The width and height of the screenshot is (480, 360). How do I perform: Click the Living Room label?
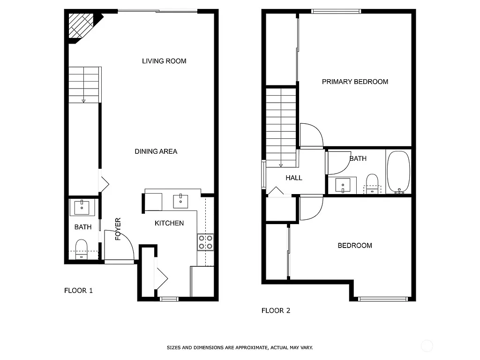[x=164, y=61]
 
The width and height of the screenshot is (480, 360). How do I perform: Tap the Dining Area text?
[x=156, y=151]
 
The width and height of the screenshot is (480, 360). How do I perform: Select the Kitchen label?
[x=169, y=223]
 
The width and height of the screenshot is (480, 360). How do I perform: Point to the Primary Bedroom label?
[x=355, y=82]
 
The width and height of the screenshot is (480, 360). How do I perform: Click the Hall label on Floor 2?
[x=294, y=178]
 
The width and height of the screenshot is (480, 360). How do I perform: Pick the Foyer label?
[x=118, y=229]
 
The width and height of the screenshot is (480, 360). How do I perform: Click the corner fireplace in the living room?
[x=81, y=26]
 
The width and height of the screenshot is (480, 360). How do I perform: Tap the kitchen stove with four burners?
[x=205, y=241]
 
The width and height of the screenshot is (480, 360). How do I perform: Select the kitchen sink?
[x=181, y=201]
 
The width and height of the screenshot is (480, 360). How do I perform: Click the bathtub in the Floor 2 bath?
[x=398, y=172]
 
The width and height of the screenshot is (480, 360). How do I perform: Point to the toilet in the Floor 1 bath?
[x=82, y=248]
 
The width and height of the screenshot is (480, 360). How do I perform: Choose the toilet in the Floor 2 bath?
[x=372, y=183]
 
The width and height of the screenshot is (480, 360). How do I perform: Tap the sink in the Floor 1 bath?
[x=83, y=207]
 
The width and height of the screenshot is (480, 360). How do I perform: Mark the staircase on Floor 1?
[x=84, y=85]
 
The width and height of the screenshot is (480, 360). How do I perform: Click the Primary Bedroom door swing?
[x=311, y=135]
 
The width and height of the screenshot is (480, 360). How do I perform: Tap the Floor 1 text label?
[x=78, y=291]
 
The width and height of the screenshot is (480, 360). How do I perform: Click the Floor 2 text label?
[x=276, y=310]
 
